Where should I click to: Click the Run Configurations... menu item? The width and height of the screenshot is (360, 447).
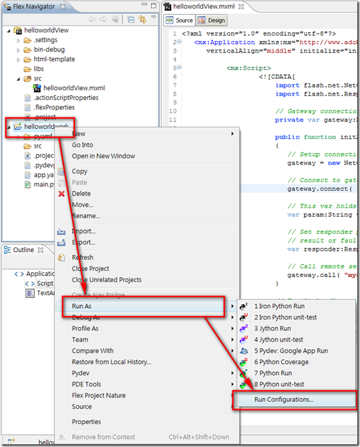click(283, 399)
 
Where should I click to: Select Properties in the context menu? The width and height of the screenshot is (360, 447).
click(86, 422)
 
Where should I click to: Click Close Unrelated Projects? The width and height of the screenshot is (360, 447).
click(107, 280)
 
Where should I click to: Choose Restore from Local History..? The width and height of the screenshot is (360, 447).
click(112, 362)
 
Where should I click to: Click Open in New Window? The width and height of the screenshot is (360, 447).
click(103, 156)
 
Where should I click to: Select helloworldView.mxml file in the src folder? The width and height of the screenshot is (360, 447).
click(75, 88)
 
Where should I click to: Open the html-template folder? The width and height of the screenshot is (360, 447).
click(54, 59)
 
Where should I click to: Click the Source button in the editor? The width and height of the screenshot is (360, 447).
click(180, 21)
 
